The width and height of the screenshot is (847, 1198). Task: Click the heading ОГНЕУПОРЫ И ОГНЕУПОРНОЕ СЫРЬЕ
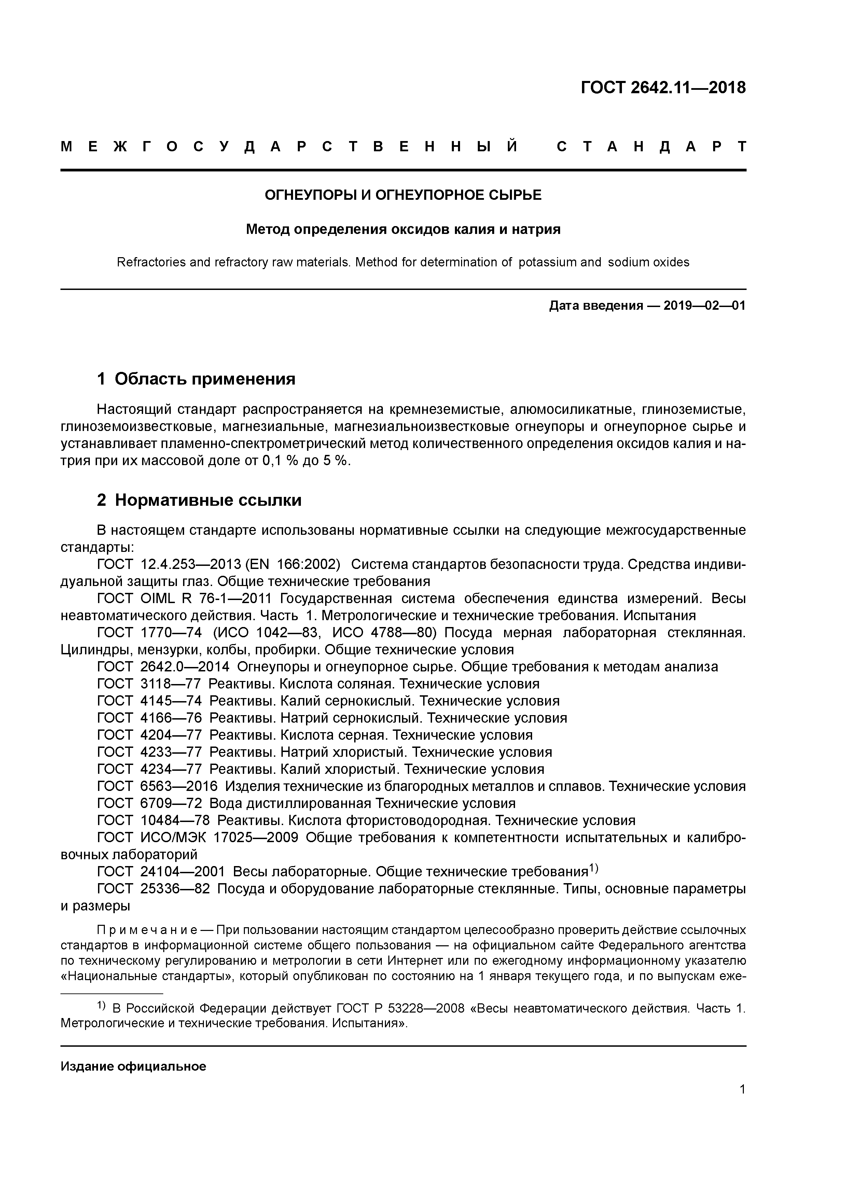403,195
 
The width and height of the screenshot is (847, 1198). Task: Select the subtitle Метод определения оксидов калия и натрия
403,229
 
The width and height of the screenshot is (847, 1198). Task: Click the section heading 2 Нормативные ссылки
199,500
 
